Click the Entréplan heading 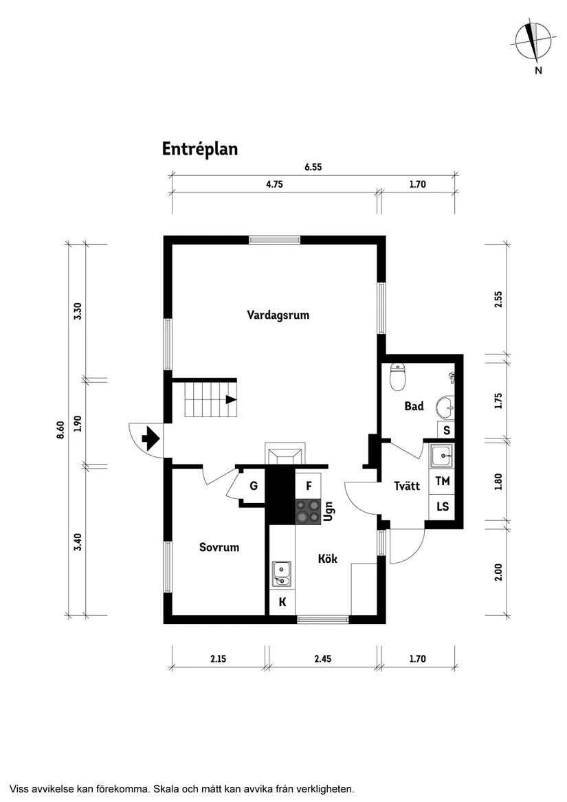click(x=200, y=149)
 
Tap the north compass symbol click(x=533, y=41)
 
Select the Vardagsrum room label click(x=278, y=315)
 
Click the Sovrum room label click(x=219, y=547)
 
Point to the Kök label click(x=327, y=559)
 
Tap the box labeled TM click(x=443, y=481)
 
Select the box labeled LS click(x=443, y=506)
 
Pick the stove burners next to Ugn click(x=308, y=511)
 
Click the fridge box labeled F click(x=309, y=486)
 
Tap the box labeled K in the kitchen click(x=282, y=604)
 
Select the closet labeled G click(x=254, y=487)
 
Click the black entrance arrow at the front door click(x=150, y=437)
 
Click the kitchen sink click(x=282, y=573)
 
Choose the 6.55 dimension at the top click(x=313, y=166)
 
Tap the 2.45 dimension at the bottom click(x=322, y=658)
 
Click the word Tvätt click(x=407, y=486)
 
